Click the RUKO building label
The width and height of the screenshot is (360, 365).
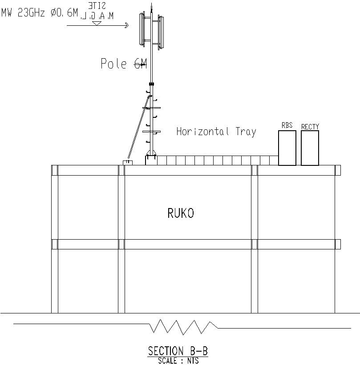point(181,213)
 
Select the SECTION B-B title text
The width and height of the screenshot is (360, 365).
point(178,351)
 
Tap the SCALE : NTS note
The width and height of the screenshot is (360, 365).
point(178,361)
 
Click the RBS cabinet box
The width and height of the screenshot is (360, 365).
point(287,148)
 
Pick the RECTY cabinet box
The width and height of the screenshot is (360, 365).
point(310,148)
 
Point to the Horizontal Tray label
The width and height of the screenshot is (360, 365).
point(216,132)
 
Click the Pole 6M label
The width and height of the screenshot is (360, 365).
point(123,64)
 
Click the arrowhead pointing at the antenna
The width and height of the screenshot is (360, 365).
point(126,26)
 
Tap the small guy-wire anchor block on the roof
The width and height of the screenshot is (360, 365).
point(128,162)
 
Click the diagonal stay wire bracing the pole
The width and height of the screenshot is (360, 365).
point(138,129)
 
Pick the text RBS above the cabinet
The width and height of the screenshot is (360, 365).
point(287,125)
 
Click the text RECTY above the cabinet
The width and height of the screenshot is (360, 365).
point(310,127)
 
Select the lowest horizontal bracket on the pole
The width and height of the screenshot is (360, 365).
point(151,132)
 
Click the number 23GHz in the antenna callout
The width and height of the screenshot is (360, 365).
point(31,13)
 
